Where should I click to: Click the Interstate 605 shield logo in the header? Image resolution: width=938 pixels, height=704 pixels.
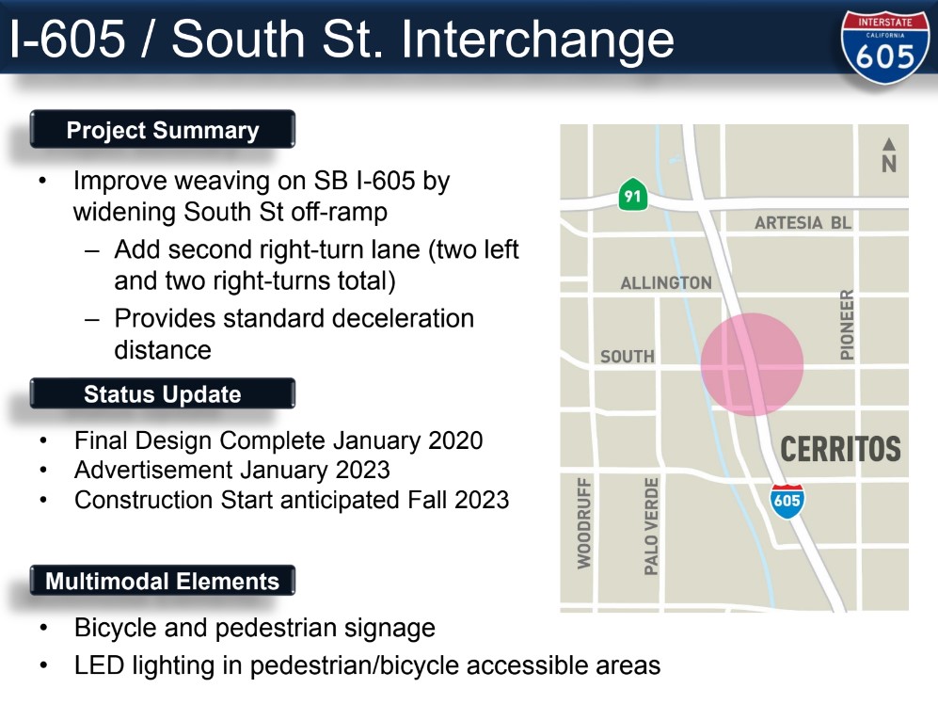coord(884,47)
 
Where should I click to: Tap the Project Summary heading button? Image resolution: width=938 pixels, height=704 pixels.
coord(162,130)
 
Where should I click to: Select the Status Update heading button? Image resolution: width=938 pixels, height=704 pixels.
coord(162,394)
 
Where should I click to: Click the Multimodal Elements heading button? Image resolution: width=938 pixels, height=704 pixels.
coord(162,581)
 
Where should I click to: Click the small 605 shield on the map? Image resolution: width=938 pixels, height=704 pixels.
coord(787,500)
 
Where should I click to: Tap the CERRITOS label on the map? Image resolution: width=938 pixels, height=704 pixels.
coord(840,449)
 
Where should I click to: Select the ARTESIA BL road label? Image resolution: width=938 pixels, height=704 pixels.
coord(803,223)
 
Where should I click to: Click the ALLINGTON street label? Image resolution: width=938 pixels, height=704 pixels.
coord(666,282)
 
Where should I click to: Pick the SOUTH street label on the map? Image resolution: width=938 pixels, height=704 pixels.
coord(627,356)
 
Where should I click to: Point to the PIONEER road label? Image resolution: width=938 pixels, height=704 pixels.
coord(847,324)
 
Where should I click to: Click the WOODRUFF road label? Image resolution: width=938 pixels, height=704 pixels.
coord(584,522)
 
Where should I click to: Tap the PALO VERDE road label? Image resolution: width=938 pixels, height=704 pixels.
coord(651,525)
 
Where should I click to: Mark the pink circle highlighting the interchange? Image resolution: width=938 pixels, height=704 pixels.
coord(752,365)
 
